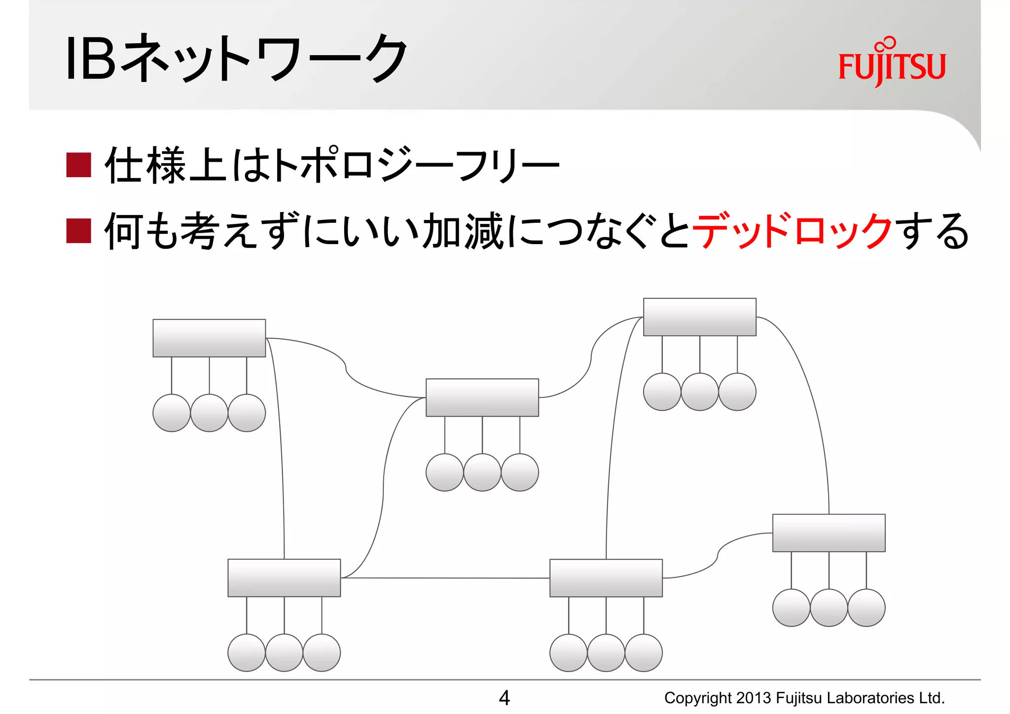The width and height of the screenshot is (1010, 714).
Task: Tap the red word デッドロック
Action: click(x=792, y=231)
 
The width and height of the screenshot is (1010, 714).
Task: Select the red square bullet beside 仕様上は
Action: click(x=79, y=165)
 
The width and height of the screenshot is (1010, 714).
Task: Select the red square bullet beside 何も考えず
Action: click(x=79, y=231)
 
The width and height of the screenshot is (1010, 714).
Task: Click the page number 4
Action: click(x=504, y=697)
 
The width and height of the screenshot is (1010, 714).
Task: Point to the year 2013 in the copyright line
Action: click(x=754, y=698)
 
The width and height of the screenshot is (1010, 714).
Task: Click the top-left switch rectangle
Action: click(x=209, y=338)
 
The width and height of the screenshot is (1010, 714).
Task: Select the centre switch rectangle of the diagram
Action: click(x=482, y=397)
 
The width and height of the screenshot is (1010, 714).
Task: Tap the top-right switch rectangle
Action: click(x=699, y=317)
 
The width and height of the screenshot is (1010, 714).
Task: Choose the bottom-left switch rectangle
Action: click(x=284, y=577)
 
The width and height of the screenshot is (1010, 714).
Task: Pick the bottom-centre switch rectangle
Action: click(x=606, y=577)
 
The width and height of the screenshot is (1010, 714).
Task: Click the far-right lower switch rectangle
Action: click(x=829, y=533)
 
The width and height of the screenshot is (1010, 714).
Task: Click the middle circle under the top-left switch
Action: click(x=209, y=413)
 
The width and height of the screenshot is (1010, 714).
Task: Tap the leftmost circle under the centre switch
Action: click(x=444, y=472)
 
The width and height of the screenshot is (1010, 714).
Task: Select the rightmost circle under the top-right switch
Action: click(x=737, y=392)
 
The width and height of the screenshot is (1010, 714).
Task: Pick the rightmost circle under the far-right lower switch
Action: click(x=866, y=607)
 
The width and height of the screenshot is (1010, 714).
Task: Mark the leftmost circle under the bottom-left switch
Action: click(x=247, y=652)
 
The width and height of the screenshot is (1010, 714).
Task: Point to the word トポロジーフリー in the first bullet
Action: click(x=417, y=165)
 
